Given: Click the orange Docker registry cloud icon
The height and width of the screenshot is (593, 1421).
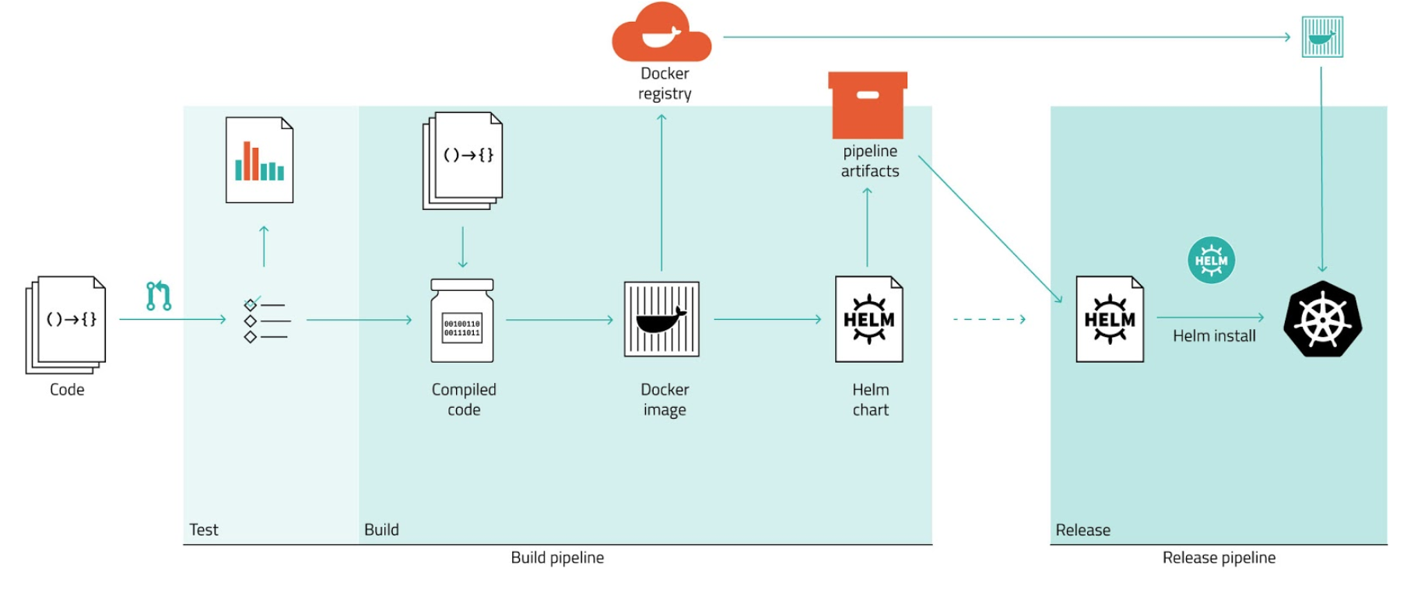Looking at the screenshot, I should [x=661, y=34].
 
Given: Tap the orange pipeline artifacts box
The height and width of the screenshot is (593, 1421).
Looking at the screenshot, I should [x=868, y=106].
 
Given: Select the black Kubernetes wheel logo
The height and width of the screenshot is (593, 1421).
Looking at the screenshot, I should [x=1322, y=319].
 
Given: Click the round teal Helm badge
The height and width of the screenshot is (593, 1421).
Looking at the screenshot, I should [x=1211, y=260].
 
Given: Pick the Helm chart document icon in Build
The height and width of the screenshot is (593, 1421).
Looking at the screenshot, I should [x=868, y=319].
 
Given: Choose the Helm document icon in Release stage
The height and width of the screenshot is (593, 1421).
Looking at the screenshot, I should [x=1110, y=319].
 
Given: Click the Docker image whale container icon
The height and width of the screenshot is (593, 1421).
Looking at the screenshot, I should [x=661, y=319].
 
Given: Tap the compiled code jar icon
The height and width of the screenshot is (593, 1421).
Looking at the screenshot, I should [x=462, y=321].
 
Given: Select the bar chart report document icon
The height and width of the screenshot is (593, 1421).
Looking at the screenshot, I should [x=259, y=160].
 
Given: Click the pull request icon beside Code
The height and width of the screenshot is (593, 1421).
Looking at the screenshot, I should [x=159, y=296].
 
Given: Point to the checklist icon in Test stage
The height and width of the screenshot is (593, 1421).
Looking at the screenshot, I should [x=265, y=320].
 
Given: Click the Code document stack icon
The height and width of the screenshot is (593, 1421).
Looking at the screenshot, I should [x=66, y=322].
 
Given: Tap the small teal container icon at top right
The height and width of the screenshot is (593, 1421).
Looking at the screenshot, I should [x=1322, y=37].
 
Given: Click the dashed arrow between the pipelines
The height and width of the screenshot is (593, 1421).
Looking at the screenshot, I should [x=989, y=319].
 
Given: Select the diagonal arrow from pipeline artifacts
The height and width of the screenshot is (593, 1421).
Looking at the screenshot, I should [x=990, y=229].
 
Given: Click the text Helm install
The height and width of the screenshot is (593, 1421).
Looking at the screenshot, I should [x=1214, y=336].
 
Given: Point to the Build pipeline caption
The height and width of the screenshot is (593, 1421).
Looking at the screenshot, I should [x=557, y=558].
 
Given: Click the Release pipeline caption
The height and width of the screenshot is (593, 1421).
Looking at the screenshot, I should [x=1219, y=558].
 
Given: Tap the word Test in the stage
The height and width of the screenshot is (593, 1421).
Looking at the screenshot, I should [x=204, y=530].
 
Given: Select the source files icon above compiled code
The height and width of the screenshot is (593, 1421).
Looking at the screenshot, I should [x=463, y=160].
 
